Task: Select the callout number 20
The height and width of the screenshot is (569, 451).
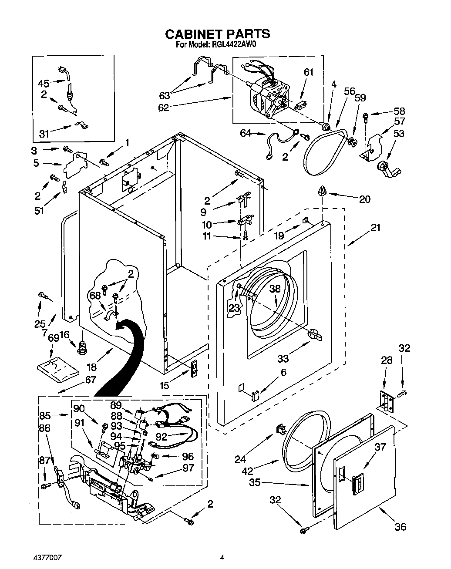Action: click(x=365, y=199)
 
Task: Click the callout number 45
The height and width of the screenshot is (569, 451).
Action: click(x=44, y=83)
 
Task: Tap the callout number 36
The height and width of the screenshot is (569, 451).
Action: click(x=400, y=526)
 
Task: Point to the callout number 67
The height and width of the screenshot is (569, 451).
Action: click(x=90, y=380)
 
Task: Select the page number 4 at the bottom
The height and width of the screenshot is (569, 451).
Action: click(x=222, y=556)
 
